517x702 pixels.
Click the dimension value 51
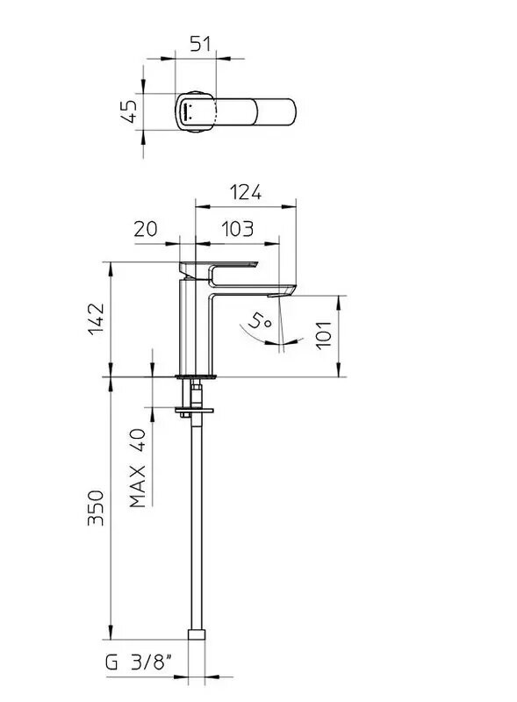(x=200, y=44)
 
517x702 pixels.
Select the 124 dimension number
(x=246, y=192)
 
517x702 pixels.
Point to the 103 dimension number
(x=238, y=229)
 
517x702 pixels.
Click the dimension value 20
(x=146, y=229)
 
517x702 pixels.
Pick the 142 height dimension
(x=96, y=319)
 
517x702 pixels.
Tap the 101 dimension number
(x=324, y=335)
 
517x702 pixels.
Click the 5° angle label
(x=259, y=320)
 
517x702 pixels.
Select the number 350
(x=96, y=508)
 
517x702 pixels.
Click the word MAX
(x=138, y=486)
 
